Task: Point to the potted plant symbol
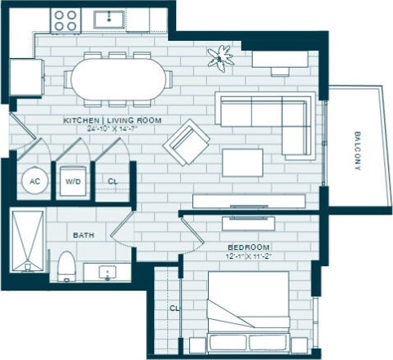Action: (x=219, y=56)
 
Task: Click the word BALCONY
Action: (x=357, y=151)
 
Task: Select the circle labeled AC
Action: (x=33, y=181)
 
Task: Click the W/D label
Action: (x=72, y=182)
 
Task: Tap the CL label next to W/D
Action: (x=113, y=182)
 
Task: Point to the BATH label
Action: (x=84, y=235)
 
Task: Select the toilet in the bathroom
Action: (x=66, y=266)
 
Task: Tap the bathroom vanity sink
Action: (x=107, y=271)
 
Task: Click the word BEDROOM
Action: (x=249, y=247)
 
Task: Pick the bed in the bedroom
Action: (x=248, y=313)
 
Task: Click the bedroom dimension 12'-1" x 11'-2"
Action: (x=249, y=256)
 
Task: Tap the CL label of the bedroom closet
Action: (x=174, y=309)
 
